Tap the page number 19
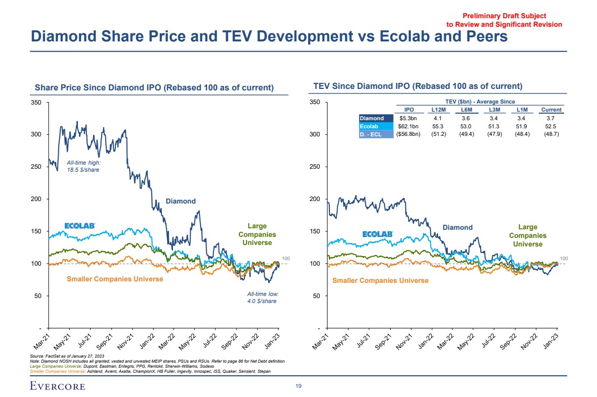(x=298, y=386)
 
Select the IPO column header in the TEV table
(x=409, y=110)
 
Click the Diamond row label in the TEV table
(x=372, y=118)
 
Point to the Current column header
(x=551, y=110)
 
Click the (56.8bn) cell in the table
(x=408, y=134)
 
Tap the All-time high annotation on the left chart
(x=83, y=166)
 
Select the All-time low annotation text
(x=263, y=297)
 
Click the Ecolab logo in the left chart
(x=80, y=225)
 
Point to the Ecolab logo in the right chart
(x=378, y=234)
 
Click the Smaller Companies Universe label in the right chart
(x=380, y=280)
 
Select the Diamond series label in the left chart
(x=181, y=201)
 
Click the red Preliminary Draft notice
(x=504, y=20)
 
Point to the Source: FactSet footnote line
(x=61, y=357)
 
